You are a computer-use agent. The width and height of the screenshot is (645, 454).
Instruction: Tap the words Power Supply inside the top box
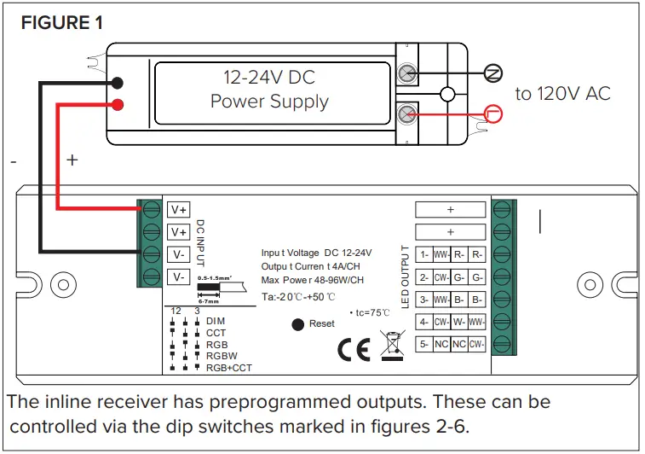coord(269,102)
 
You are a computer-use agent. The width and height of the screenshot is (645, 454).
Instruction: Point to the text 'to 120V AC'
coord(562,94)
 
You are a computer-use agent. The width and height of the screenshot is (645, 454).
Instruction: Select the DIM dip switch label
coord(216,321)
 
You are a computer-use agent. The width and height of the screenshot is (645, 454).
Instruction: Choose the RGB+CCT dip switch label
coord(228,368)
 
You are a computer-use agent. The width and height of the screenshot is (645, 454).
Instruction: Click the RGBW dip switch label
coord(222,357)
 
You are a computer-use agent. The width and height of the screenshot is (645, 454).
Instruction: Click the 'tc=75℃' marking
coord(369,312)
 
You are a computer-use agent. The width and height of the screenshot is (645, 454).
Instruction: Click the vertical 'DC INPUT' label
coord(201,242)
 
